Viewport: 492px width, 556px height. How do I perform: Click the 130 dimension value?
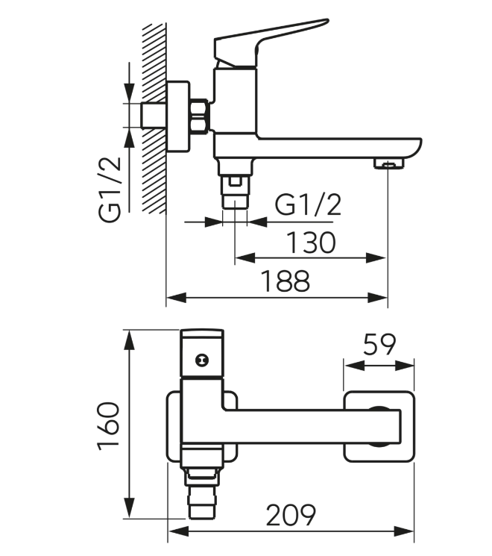click(311, 243)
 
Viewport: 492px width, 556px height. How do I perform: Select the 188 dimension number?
click(286, 281)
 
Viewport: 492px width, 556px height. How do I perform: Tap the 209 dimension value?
click(291, 515)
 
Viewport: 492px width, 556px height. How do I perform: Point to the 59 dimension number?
click(379, 344)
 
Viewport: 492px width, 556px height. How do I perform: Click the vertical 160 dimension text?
click(109, 426)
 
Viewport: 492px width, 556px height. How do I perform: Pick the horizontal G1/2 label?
click(308, 204)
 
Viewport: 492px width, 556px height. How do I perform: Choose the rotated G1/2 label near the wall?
click(110, 190)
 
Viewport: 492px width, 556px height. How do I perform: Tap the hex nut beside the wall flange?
click(199, 116)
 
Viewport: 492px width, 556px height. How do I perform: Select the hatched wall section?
click(154, 118)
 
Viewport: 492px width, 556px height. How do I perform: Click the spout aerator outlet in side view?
click(389, 163)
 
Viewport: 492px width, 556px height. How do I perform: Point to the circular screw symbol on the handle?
click(202, 360)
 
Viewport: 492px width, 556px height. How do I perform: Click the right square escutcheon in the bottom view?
click(379, 427)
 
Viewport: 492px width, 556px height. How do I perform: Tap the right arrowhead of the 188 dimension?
click(378, 298)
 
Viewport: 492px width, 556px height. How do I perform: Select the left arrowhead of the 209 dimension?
click(179, 531)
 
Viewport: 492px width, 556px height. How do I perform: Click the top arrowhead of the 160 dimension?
click(130, 341)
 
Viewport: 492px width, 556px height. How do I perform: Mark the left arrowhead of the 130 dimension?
click(245, 257)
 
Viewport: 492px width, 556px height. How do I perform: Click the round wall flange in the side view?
click(178, 117)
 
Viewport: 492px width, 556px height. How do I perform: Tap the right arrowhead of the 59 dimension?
click(404, 366)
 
